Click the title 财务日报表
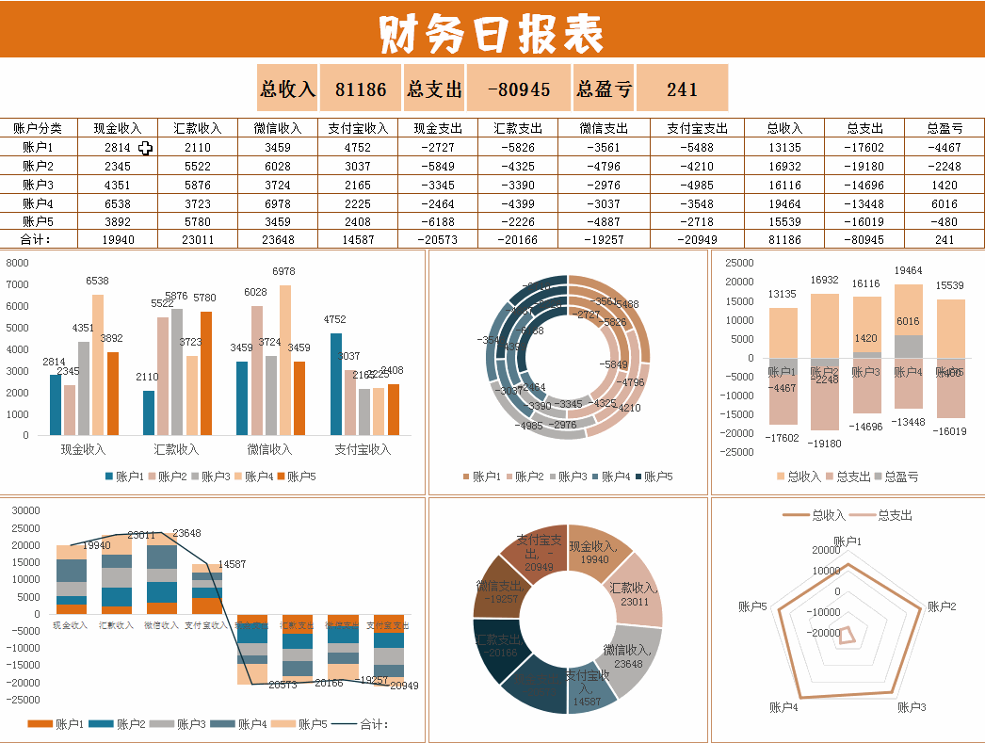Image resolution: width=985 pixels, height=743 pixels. pos(492,34)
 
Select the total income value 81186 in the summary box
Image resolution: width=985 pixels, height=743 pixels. pos(361,89)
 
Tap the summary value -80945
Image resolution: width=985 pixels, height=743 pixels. pos(519,89)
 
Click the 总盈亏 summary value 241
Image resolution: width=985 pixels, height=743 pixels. pos(682,89)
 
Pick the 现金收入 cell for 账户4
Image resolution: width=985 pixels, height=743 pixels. pos(118,203)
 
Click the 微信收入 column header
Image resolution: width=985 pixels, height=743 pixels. pos(278,129)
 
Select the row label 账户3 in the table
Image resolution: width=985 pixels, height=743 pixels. pos(38,185)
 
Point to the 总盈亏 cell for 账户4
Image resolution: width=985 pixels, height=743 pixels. pos(944,203)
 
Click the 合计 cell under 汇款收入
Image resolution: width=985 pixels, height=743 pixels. pos(198,239)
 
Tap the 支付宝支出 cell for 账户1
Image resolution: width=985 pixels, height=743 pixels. pos(697,148)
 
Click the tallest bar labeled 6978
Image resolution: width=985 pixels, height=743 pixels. pos(285,358)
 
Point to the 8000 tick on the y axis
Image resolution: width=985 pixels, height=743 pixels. pos(18,263)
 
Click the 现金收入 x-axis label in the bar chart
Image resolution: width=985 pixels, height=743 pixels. pos(83,449)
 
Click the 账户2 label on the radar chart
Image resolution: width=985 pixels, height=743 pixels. pos(942,606)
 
